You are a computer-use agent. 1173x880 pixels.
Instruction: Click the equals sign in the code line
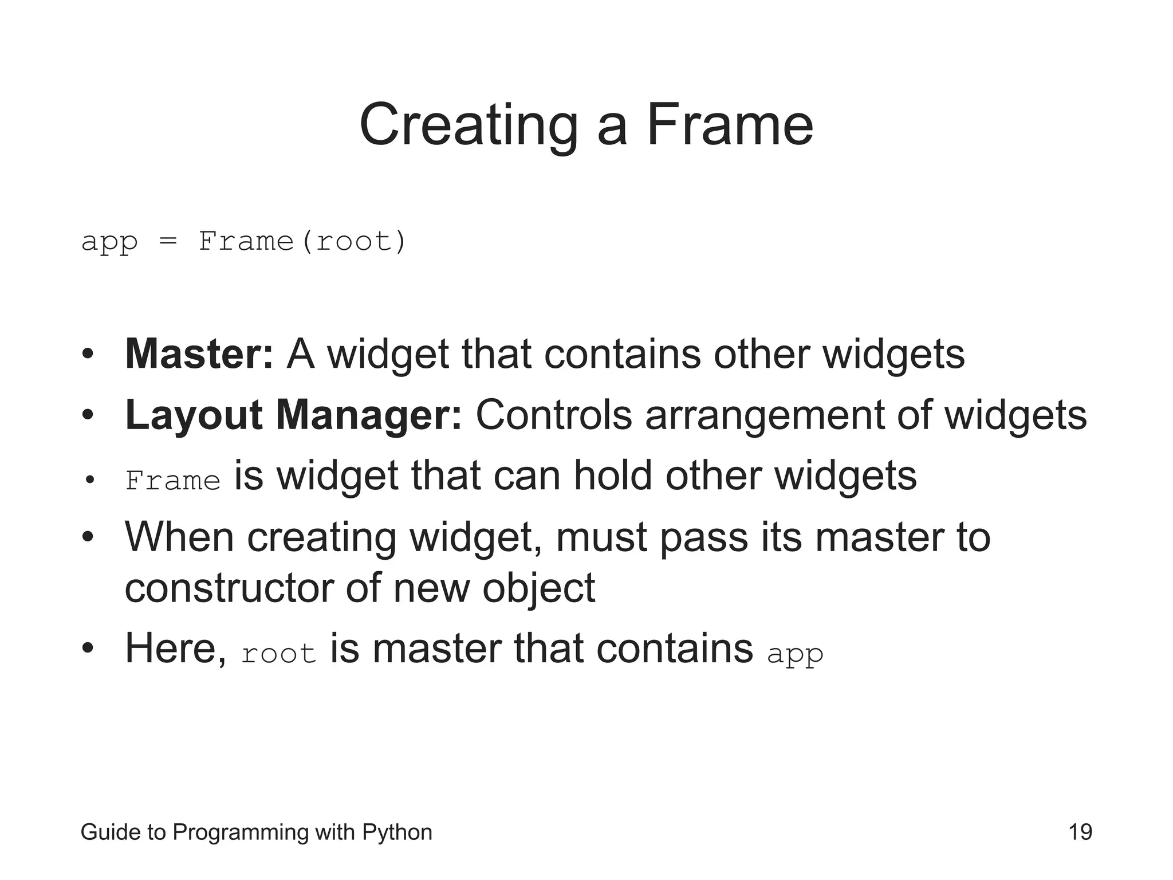click(168, 241)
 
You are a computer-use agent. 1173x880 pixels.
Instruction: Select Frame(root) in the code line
click(302, 241)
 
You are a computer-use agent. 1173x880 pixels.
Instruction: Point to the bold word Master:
click(199, 354)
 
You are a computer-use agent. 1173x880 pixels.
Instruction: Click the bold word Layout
click(194, 415)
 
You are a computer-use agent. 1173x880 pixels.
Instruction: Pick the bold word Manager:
click(369, 415)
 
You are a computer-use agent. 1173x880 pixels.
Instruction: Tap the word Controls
click(553, 415)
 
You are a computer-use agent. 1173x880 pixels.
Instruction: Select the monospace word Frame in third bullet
click(173, 481)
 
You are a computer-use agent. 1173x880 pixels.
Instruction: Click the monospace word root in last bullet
click(278, 654)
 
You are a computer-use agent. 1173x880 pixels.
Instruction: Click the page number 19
click(1080, 832)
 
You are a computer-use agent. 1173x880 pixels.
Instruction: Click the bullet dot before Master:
click(87, 355)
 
